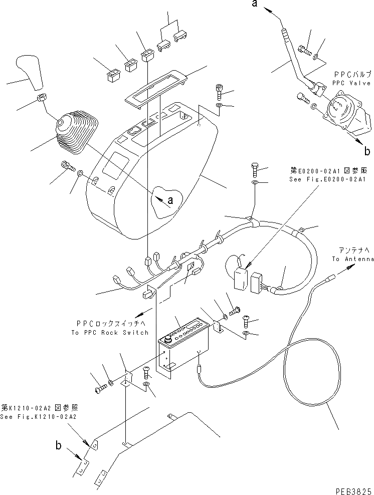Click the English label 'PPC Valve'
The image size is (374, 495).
351,83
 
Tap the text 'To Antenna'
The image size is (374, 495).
353,259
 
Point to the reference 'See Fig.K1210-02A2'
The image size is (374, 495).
39,416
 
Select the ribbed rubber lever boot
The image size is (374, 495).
76,133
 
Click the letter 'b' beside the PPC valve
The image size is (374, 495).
367,150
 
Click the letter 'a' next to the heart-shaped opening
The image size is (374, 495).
171,200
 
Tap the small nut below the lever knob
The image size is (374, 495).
42,98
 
